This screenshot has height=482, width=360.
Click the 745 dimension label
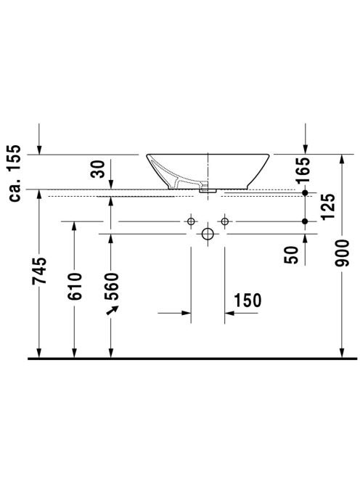pyautogui.click(x=39, y=271)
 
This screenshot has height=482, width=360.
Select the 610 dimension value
pyautogui.click(x=75, y=286)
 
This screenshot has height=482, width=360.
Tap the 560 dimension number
pyautogui.click(x=111, y=287)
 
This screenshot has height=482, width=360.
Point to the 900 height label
pyautogui.click(x=342, y=253)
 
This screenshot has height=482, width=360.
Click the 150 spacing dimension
pyautogui.click(x=247, y=301)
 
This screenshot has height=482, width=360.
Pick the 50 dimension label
pyautogui.click(x=292, y=255)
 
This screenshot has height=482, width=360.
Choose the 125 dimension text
pyautogui.click(x=328, y=207)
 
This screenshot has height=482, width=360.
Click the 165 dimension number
pyautogui.click(x=303, y=171)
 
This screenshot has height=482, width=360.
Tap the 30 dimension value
pyautogui.click(x=98, y=169)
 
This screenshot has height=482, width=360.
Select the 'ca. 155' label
pyautogui.click(x=15, y=173)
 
